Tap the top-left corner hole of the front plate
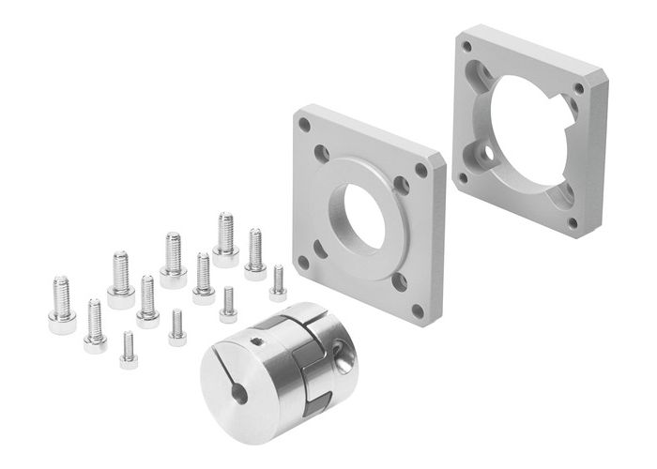[302, 122]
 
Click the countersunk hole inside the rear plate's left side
[485, 149]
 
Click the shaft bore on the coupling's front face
[239, 393]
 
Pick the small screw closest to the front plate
[278, 282]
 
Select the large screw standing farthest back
[225, 238]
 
